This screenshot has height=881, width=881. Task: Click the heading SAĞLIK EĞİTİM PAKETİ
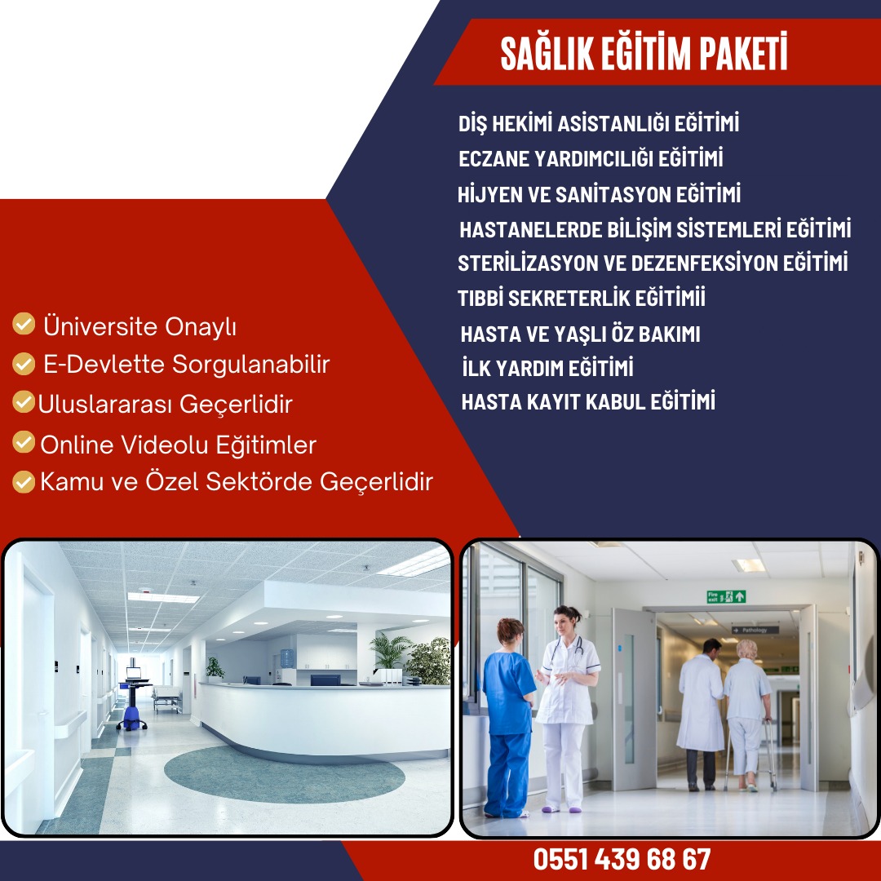(x=644, y=53)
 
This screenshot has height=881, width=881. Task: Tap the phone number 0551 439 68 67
(x=622, y=859)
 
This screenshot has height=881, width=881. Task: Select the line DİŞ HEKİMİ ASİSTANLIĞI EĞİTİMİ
(x=599, y=124)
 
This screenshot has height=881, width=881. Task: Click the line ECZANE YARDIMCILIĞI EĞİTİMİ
(x=591, y=158)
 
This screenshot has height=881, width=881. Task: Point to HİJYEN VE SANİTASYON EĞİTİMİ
(x=599, y=194)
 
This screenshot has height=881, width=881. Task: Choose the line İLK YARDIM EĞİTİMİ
(x=548, y=368)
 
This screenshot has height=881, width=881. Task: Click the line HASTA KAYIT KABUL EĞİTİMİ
(x=588, y=401)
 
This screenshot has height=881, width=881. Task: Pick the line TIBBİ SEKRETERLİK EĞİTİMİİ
(x=581, y=298)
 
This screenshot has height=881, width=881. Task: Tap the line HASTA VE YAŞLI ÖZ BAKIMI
(x=581, y=334)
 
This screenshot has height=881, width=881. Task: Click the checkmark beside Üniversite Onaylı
(x=24, y=324)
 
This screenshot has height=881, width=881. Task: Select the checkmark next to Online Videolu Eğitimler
(x=24, y=441)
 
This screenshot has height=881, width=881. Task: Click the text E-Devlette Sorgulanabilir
(x=187, y=365)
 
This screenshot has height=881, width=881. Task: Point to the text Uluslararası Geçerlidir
(x=165, y=405)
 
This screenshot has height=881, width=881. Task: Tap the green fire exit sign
(x=726, y=596)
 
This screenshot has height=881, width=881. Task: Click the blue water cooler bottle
(x=286, y=658)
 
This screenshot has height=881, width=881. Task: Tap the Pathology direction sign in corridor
(x=755, y=630)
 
